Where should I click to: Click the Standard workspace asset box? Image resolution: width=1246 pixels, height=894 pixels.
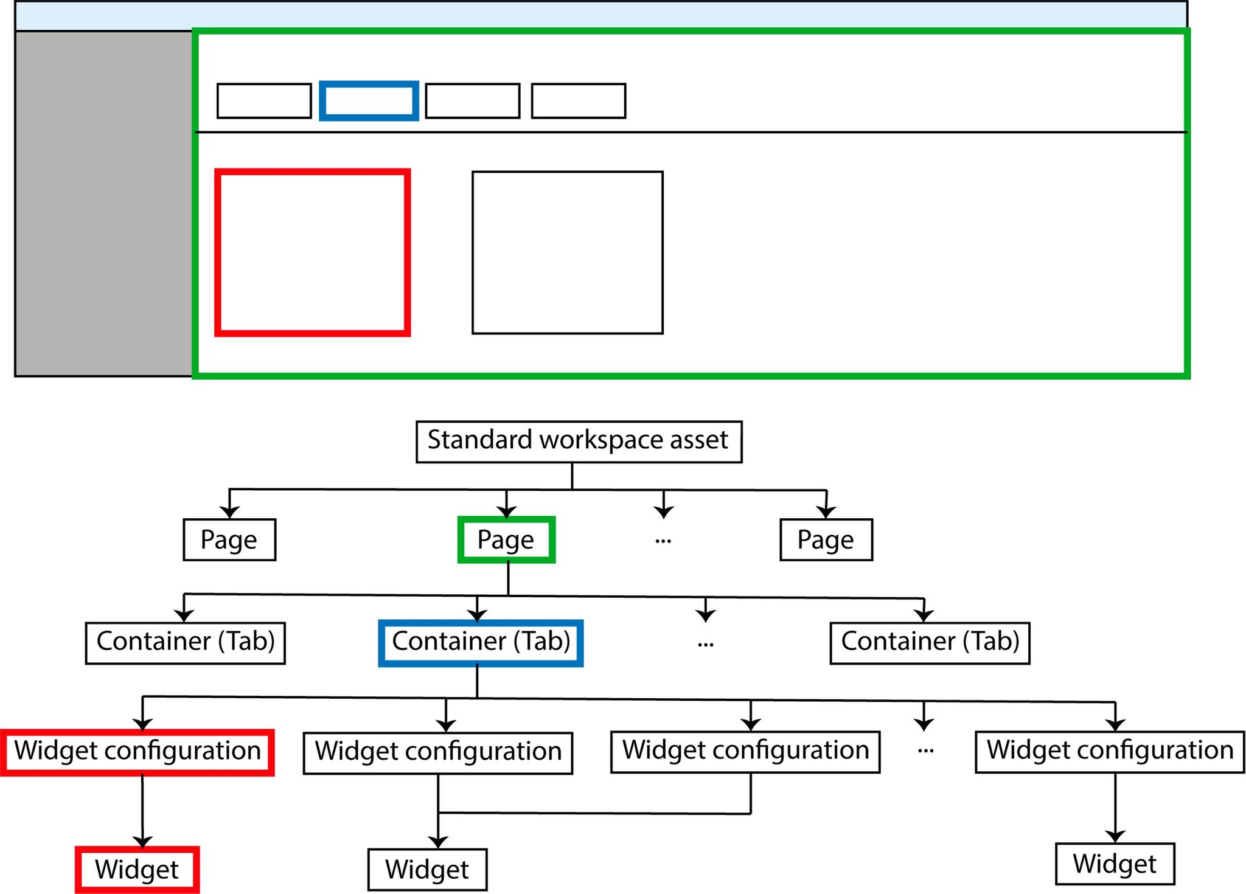[x=579, y=442]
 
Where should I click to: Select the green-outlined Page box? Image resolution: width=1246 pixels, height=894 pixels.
[x=506, y=539]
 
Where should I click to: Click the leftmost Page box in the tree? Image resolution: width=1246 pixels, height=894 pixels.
[x=229, y=539]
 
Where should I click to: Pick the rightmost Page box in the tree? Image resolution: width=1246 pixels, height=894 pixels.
[x=826, y=539]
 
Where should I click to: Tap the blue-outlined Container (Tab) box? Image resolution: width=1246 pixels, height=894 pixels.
[x=481, y=643]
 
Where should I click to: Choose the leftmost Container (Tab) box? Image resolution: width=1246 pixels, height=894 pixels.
[x=185, y=643]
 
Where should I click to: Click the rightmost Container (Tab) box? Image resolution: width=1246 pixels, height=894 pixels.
[x=930, y=643]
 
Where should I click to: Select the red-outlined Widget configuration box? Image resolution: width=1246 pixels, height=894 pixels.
[x=137, y=752]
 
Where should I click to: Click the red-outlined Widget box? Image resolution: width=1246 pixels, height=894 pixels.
[x=137, y=870]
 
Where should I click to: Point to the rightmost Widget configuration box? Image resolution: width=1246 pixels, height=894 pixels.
[x=1110, y=752]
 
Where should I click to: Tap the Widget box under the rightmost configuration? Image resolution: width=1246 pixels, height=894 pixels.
[x=1115, y=864]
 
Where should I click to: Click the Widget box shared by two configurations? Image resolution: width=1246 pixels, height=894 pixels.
[x=427, y=870]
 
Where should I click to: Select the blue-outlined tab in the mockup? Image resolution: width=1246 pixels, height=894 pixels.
[x=369, y=101]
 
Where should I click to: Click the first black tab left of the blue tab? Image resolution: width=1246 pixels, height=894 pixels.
[x=264, y=101]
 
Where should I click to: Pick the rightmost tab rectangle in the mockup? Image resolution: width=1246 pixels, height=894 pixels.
[x=578, y=101]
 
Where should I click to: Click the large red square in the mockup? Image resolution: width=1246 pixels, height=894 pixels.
[x=313, y=252]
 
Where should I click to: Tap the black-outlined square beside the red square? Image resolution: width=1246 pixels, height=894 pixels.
[x=567, y=252]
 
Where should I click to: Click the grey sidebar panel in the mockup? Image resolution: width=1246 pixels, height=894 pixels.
[x=103, y=204]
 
